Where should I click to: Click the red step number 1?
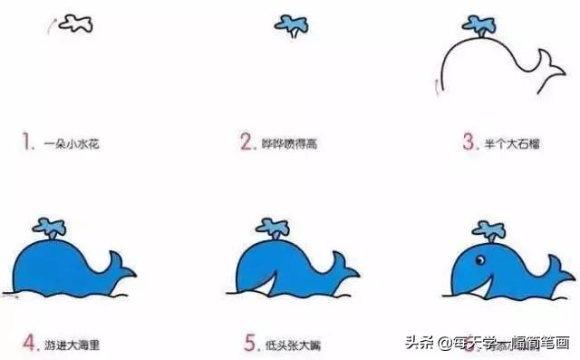(x=29, y=142)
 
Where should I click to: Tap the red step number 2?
(x=245, y=142)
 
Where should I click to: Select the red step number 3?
(x=469, y=142)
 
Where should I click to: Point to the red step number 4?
(x=29, y=344)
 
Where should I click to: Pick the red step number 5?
(x=250, y=344)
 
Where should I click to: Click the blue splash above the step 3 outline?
(x=478, y=24)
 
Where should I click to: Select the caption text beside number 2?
(x=289, y=143)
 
